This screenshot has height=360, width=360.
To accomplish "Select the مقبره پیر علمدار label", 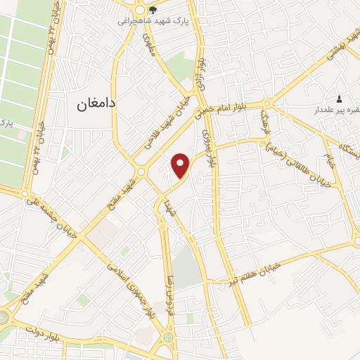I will (337, 110).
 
